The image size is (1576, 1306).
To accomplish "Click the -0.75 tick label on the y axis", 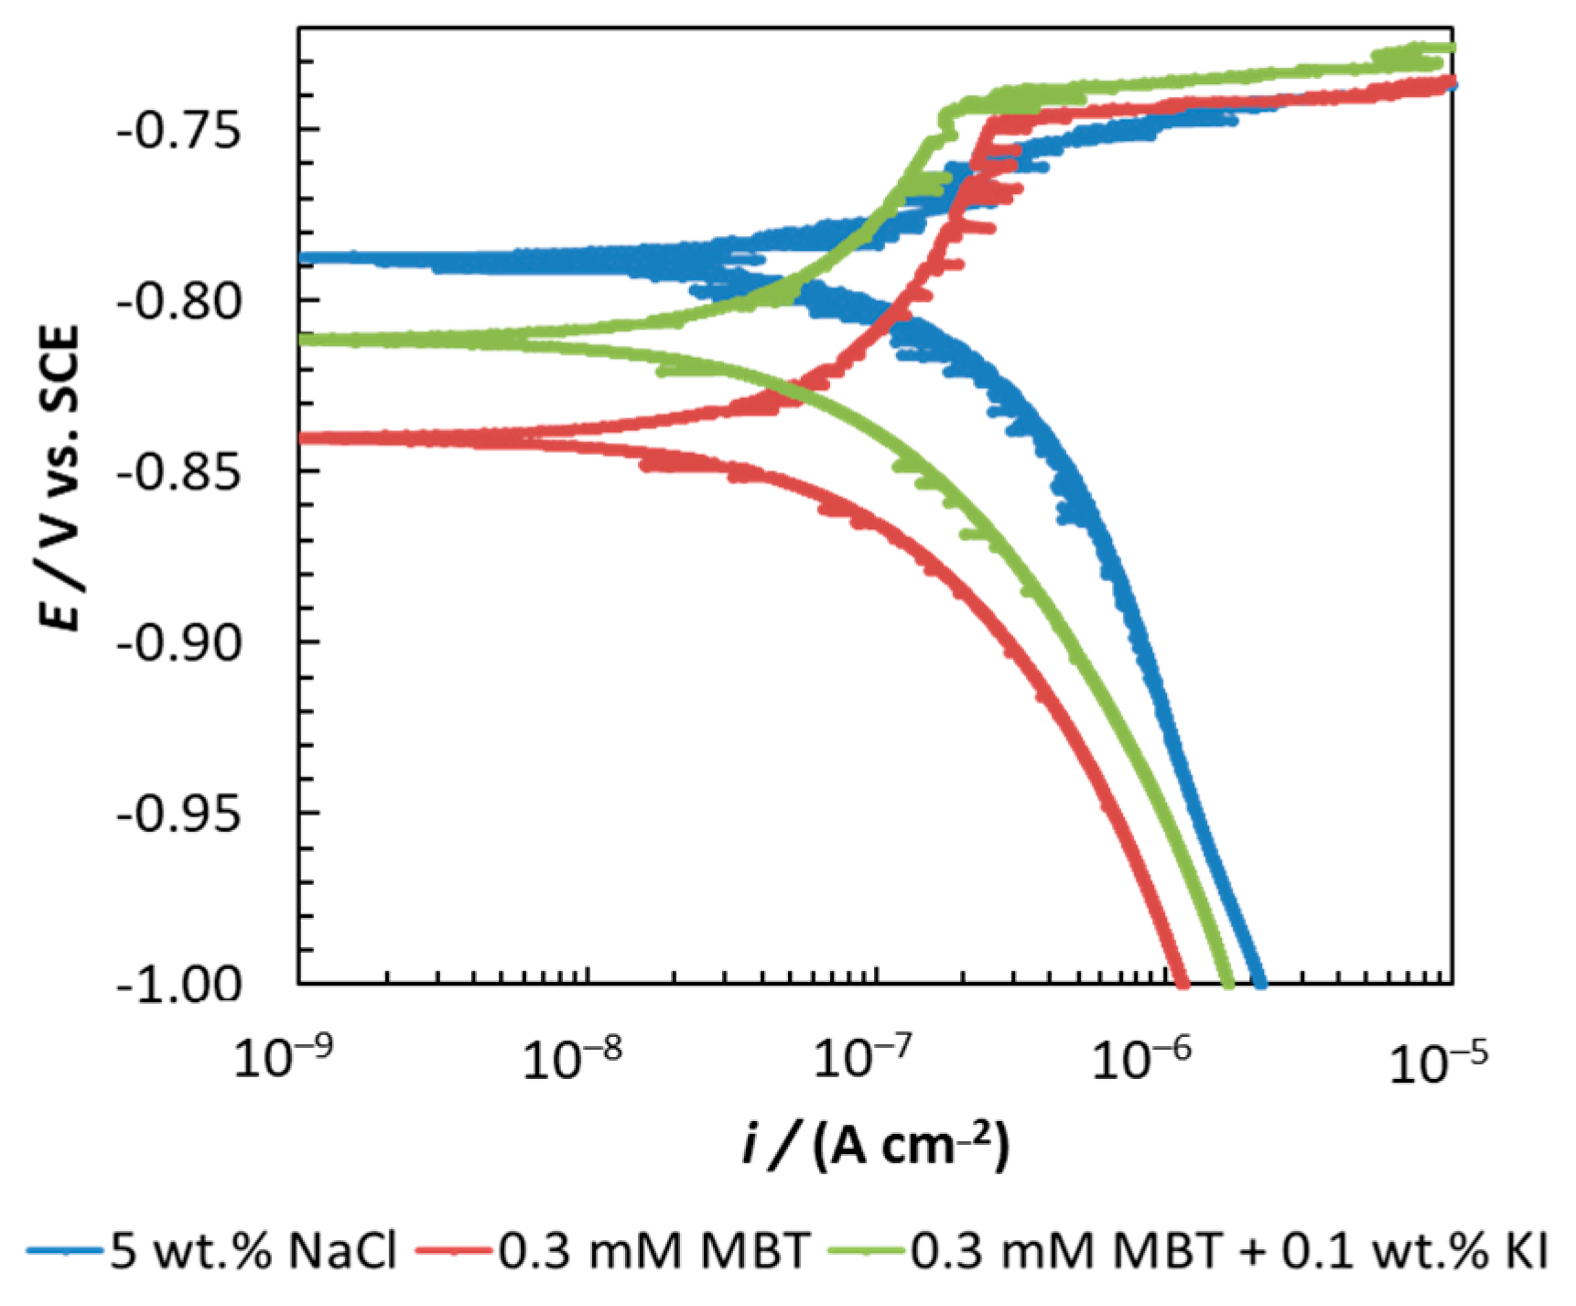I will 179,130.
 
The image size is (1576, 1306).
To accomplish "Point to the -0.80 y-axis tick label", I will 179,301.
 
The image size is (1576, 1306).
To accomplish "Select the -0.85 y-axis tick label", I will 179,472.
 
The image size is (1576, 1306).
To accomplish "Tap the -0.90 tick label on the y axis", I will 179,642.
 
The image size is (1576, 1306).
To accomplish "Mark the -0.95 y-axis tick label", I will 179,814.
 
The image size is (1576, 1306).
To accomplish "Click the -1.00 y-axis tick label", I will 179,985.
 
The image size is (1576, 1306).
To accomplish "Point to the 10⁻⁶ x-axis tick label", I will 1141,1060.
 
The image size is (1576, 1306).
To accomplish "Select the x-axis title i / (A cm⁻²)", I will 876,1145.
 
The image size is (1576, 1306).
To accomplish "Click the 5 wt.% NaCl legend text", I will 254,1250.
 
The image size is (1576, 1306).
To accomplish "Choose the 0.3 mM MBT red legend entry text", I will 653,1250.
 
